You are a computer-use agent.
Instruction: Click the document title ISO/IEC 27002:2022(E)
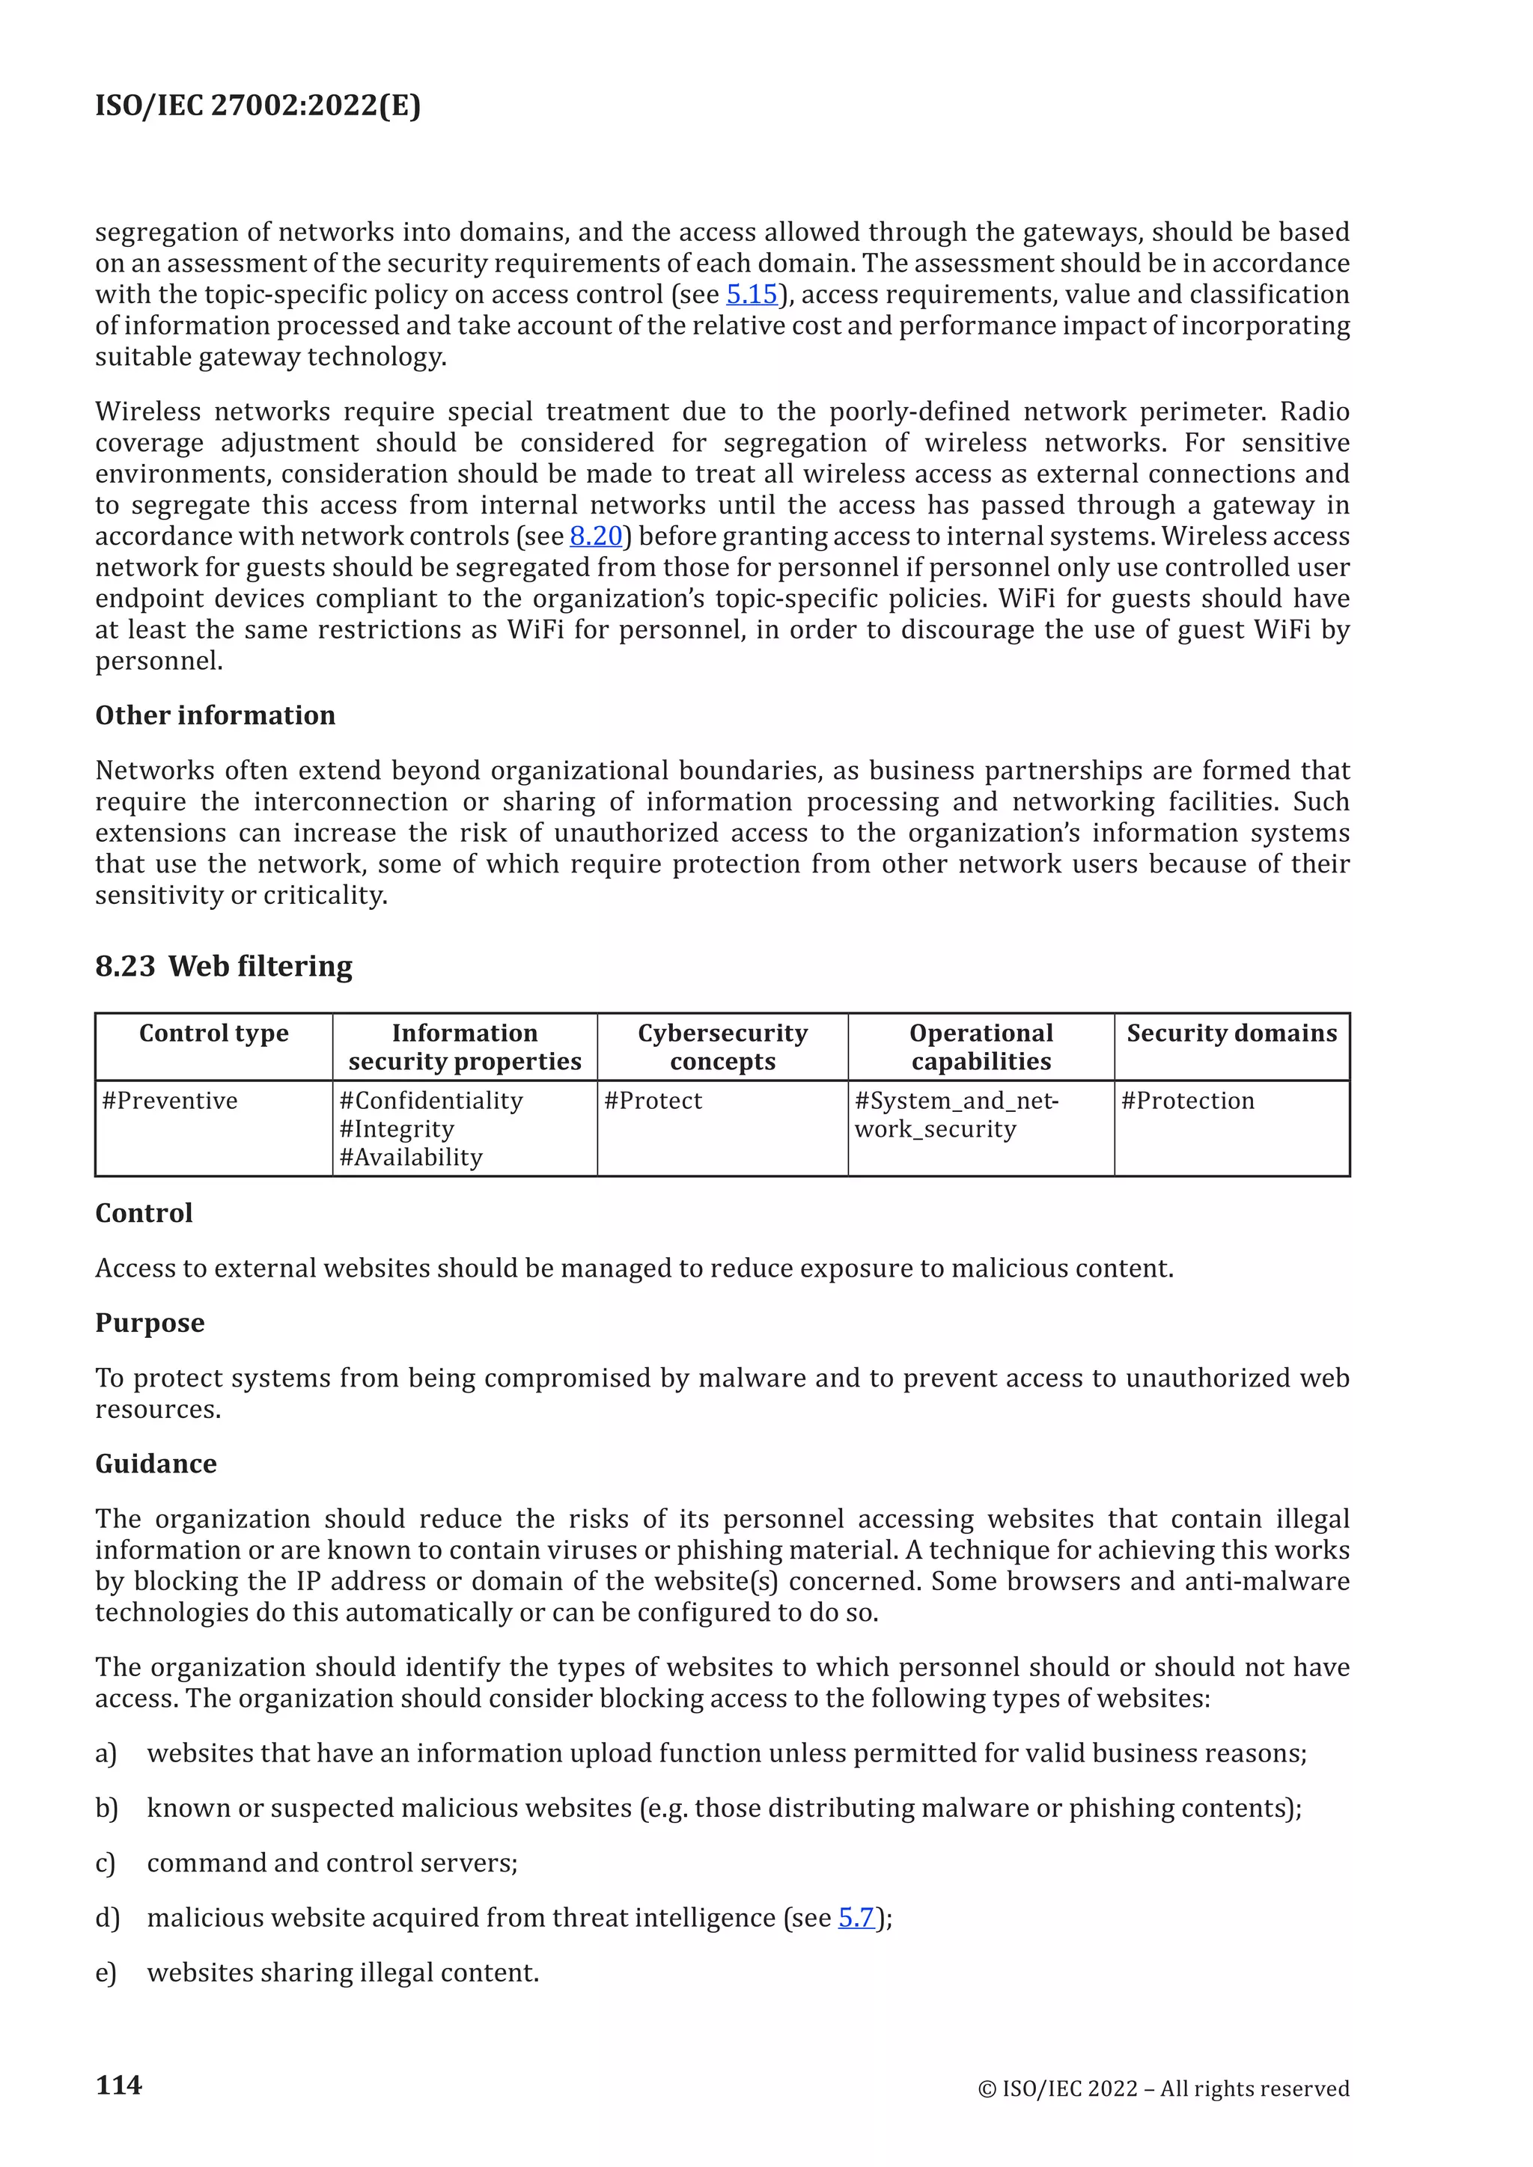[257, 105]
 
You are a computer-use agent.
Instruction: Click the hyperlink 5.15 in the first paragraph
[752, 295]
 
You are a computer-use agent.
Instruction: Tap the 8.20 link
[596, 536]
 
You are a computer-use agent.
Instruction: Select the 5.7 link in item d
[856, 1918]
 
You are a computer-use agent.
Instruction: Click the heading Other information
[216, 715]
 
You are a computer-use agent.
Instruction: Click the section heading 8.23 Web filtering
[224, 967]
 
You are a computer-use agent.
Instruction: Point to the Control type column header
[213, 1033]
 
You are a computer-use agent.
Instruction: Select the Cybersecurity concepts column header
[722, 1047]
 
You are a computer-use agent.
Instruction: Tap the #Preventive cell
[170, 1101]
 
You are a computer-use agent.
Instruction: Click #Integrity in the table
[397, 1129]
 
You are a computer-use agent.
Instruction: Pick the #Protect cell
[653, 1101]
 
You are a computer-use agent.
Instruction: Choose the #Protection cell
[1187, 1101]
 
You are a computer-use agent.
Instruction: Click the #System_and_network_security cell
[955, 1115]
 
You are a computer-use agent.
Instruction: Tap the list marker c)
[106, 1863]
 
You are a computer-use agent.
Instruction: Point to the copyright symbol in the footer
[987, 2090]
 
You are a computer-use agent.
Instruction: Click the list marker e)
[106, 1972]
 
